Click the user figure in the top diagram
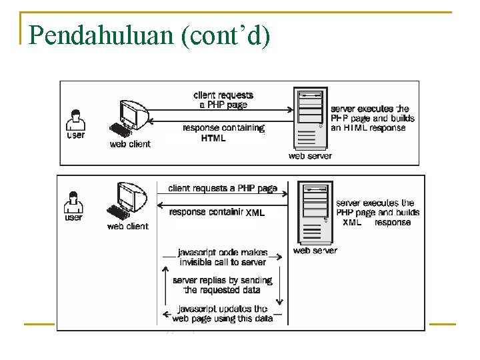point(76,120)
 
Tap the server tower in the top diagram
point(311,119)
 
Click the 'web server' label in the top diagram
point(310,156)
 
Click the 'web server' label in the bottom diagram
point(315,251)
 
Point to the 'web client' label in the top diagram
point(130,144)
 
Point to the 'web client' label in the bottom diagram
point(127,227)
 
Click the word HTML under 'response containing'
point(213,139)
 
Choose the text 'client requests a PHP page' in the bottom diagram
point(222,189)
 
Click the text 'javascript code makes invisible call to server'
point(223,257)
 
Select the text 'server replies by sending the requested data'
point(222,285)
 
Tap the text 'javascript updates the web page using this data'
point(223,313)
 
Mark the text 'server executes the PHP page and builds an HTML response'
point(372,118)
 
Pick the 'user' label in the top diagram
point(76,135)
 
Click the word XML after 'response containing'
point(255,213)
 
